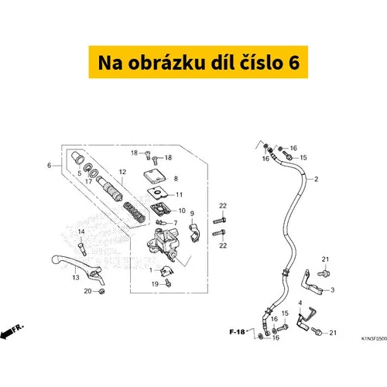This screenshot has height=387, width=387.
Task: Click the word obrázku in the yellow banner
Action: [166, 63]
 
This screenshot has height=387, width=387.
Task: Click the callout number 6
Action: [50, 165]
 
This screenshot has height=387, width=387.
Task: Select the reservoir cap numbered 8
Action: [155, 177]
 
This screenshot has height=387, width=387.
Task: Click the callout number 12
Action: [122, 172]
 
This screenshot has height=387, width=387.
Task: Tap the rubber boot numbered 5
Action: [77, 158]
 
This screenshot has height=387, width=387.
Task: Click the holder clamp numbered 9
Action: [195, 233]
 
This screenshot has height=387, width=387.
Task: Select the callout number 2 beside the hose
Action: [317, 179]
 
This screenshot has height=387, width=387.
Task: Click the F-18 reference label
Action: [237, 331]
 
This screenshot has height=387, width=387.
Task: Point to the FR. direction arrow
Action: [12, 331]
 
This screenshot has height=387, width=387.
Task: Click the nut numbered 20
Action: [101, 292]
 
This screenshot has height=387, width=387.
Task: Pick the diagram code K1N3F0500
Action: [374, 338]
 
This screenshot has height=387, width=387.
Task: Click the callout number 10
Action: [182, 211]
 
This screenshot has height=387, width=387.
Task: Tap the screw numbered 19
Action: [168, 283]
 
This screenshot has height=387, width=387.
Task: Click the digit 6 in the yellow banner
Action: [294, 63]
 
